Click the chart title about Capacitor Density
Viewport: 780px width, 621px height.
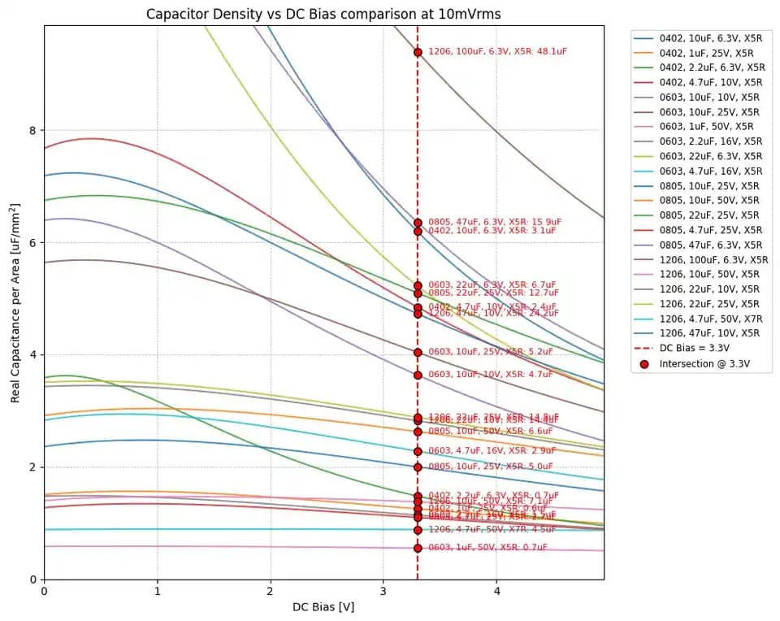click(323, 14)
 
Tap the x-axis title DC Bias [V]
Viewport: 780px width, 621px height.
click(323, 607)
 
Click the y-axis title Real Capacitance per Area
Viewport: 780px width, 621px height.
click(15, 302)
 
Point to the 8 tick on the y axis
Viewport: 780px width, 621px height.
click(32, 130)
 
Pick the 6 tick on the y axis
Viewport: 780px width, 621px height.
click(32, 242)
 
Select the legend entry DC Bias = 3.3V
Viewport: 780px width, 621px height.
click(697, 349)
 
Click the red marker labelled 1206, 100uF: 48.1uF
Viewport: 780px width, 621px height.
click(418, 52)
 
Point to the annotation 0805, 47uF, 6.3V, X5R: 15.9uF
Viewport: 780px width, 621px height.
click(495, 222)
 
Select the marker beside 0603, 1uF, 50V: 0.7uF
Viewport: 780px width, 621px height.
click(418, 548)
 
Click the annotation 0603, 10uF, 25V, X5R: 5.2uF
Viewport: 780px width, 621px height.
click(490, 352)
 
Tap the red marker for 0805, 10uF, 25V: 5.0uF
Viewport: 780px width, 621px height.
click(418, 467)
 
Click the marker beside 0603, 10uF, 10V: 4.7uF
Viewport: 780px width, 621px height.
click(418, 375)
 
